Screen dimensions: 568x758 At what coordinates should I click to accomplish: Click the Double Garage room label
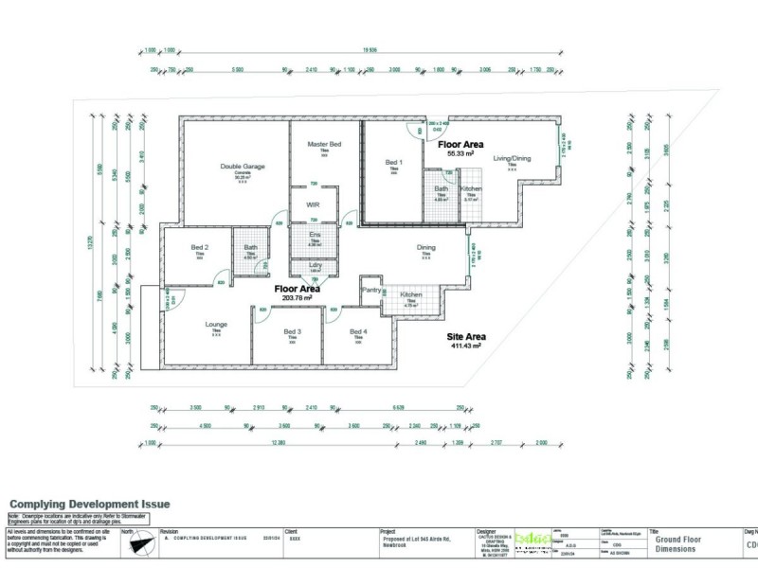243,167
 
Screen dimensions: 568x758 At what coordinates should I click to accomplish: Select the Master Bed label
323,144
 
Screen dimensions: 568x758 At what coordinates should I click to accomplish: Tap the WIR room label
312,204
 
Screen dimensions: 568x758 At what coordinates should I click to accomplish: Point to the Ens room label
313,234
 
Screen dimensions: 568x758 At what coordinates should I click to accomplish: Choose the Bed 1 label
393,163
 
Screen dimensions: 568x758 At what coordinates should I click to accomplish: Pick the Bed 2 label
199,248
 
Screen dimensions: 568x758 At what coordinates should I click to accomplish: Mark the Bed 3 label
292,331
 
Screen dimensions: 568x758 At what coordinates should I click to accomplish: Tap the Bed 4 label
357,331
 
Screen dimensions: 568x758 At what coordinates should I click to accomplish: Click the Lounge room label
216,325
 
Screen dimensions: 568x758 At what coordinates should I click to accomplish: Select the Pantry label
370,292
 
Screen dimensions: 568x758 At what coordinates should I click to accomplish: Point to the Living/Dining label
512,159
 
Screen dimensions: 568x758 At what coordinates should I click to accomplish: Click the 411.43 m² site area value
465,346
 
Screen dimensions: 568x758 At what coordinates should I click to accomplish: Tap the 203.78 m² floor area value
297,297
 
